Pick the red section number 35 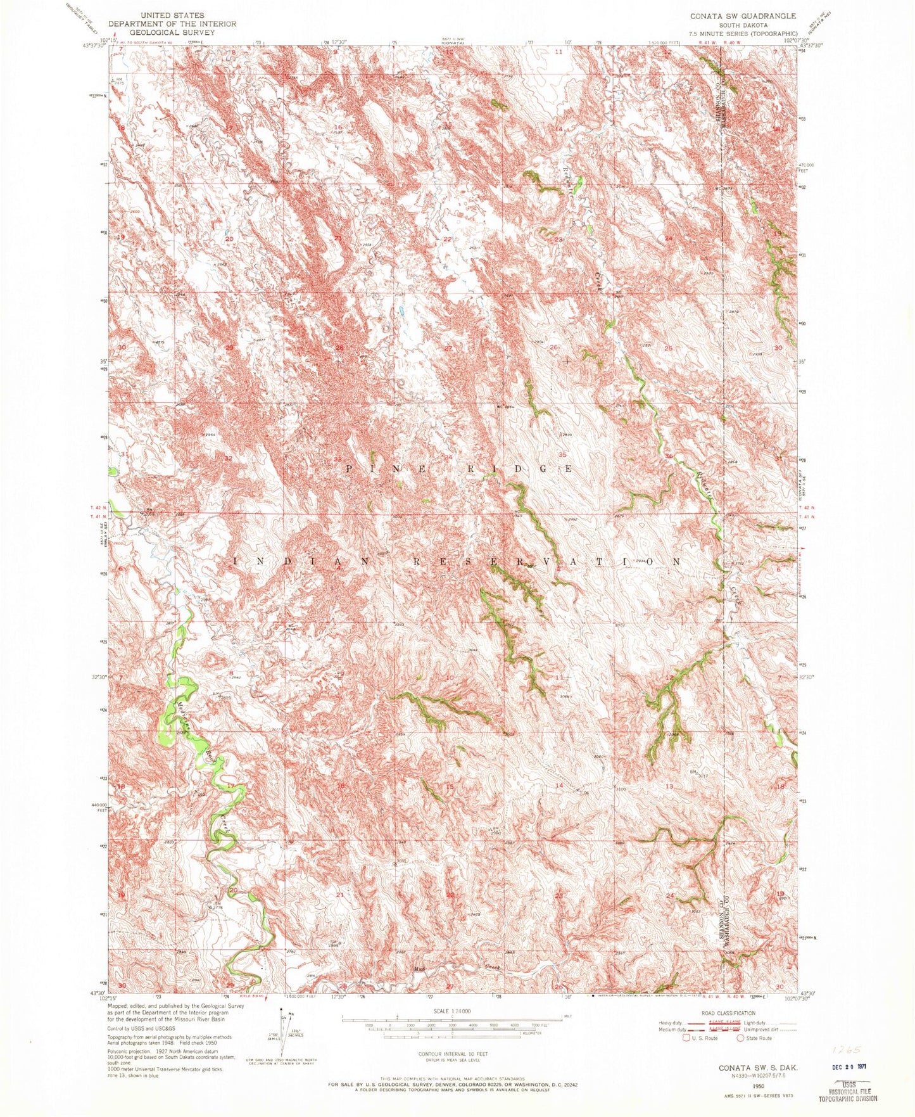pos(562,455)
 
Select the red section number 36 pos(669,456)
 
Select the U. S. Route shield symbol pos(685,1038)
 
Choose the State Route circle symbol pos(740,1038)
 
